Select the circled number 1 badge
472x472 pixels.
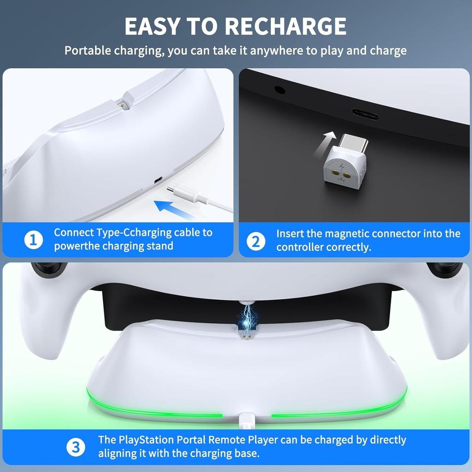pyautogui.click(x=33, y=240)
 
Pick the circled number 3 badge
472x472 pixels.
pyautogui.click(x=76, y=447)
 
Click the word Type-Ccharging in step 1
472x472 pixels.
pyautogui.click(x=138, y=232)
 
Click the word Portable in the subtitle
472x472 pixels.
pyautogui.click(x=90, y=50)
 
